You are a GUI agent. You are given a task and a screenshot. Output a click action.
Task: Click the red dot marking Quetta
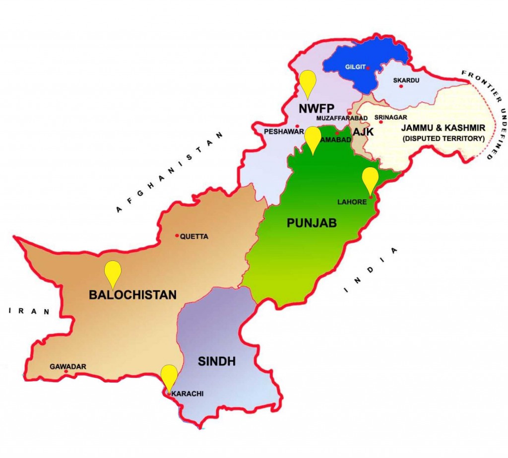pyautogui.click(x=177, y=236)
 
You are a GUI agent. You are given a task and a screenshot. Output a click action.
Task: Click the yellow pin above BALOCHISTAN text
pyautogui.click(x=113, y=272)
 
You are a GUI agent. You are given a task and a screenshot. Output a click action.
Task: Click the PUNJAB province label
pyautogui.click(x=312, y=223)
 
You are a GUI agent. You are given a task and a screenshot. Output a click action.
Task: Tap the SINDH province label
pyautogui.click(x=217, y=362)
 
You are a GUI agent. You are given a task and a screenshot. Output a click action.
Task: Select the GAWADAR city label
pyautogui.click(x=68, y=367)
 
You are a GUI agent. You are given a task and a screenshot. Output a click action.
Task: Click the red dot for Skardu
pyautogui.click(x=401, y=86)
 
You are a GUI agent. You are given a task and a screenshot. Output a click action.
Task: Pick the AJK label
pyautogui.click(x=363, y=131)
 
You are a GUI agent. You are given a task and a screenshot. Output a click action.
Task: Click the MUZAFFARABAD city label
pyautogui.click(x=342, y=118)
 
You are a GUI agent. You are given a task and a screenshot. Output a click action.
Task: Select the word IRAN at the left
pyautogui.click(x=30, y=312)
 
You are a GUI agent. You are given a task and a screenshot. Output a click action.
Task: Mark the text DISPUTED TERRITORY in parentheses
pyautogui.click(x=444, y=139)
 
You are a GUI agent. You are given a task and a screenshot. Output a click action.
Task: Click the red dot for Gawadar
pyautogui.click(x=66, y=371)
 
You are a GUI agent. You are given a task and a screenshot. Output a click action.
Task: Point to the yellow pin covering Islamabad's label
pyautogui.click(x=313, y=138)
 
